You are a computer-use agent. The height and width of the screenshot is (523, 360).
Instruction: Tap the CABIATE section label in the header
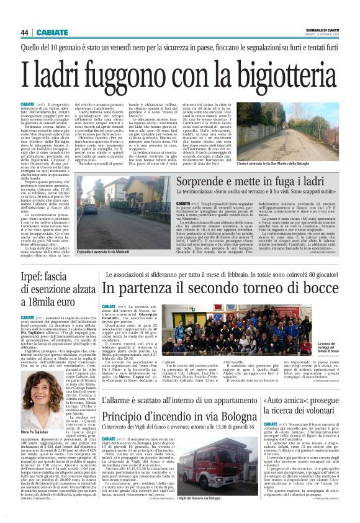point(52,32)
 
